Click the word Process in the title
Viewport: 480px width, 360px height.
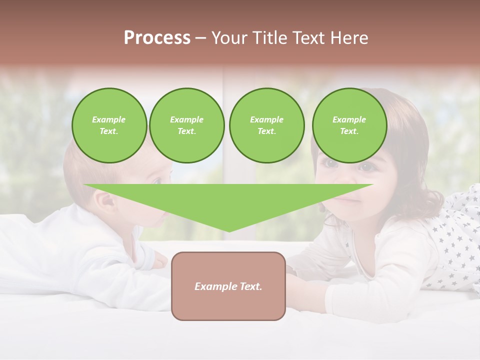(x=157, y=38)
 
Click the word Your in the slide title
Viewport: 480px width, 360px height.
(x=229, y=38)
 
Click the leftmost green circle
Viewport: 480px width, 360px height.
(x=109, y=125)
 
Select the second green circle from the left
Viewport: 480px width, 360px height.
(x=186, y=125)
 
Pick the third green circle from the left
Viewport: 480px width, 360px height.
(x=266, y=125)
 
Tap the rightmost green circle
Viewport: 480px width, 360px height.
(x=349, y=125)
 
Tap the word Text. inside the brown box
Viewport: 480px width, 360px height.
(x=250, y=286)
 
